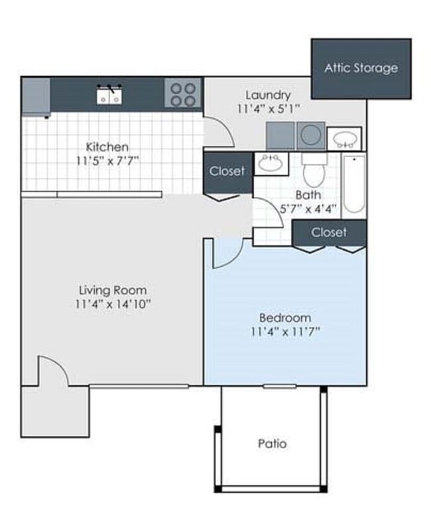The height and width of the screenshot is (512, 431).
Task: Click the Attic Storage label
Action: point(361,68)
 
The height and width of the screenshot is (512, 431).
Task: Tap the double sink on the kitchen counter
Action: point(109,96)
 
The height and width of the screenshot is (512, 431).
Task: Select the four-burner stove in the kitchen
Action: point(182,94)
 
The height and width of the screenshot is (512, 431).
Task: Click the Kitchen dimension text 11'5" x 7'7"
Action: point(107,160)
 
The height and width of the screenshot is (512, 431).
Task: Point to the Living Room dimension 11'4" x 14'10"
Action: point(113,304)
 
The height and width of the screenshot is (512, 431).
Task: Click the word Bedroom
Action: point(284,318)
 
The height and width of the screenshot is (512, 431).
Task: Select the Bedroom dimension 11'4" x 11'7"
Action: point(285,332)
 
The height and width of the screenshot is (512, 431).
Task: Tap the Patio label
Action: point(273,443)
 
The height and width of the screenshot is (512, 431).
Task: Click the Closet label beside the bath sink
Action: point(227,171)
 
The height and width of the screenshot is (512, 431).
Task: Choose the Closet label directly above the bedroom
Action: point(329,232)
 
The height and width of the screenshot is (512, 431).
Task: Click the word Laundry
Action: point(268,95)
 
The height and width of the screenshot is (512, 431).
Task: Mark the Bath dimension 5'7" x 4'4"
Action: point(308,208)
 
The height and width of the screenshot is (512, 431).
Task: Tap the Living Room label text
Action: point(113,290)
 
